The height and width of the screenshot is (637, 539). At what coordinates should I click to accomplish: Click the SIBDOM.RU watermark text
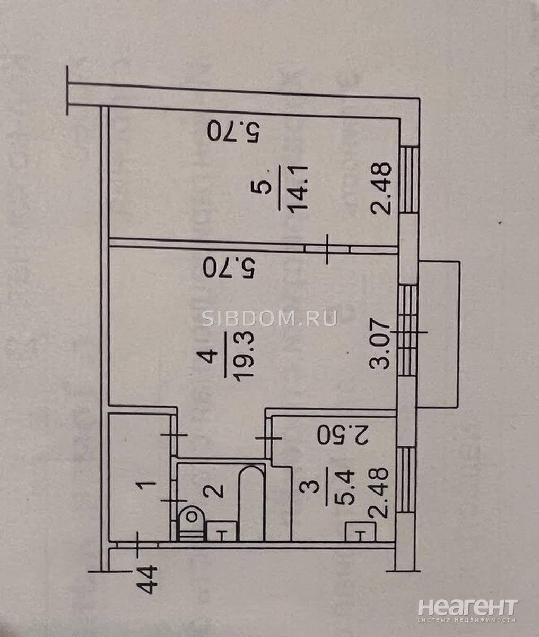(269, 318)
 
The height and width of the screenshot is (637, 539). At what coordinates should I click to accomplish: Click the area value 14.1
(298, 188)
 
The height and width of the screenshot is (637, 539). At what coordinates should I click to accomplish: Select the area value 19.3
(245, 355)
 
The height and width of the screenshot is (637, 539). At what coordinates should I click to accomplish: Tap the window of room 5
(410, 180)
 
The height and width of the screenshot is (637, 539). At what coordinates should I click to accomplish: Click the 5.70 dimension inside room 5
(234, 131)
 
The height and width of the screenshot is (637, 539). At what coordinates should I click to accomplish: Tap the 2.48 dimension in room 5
(381, 188)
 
